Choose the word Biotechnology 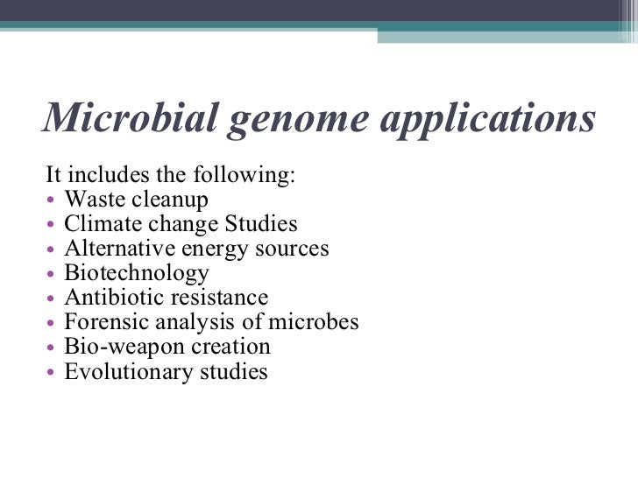pos(137,274)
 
